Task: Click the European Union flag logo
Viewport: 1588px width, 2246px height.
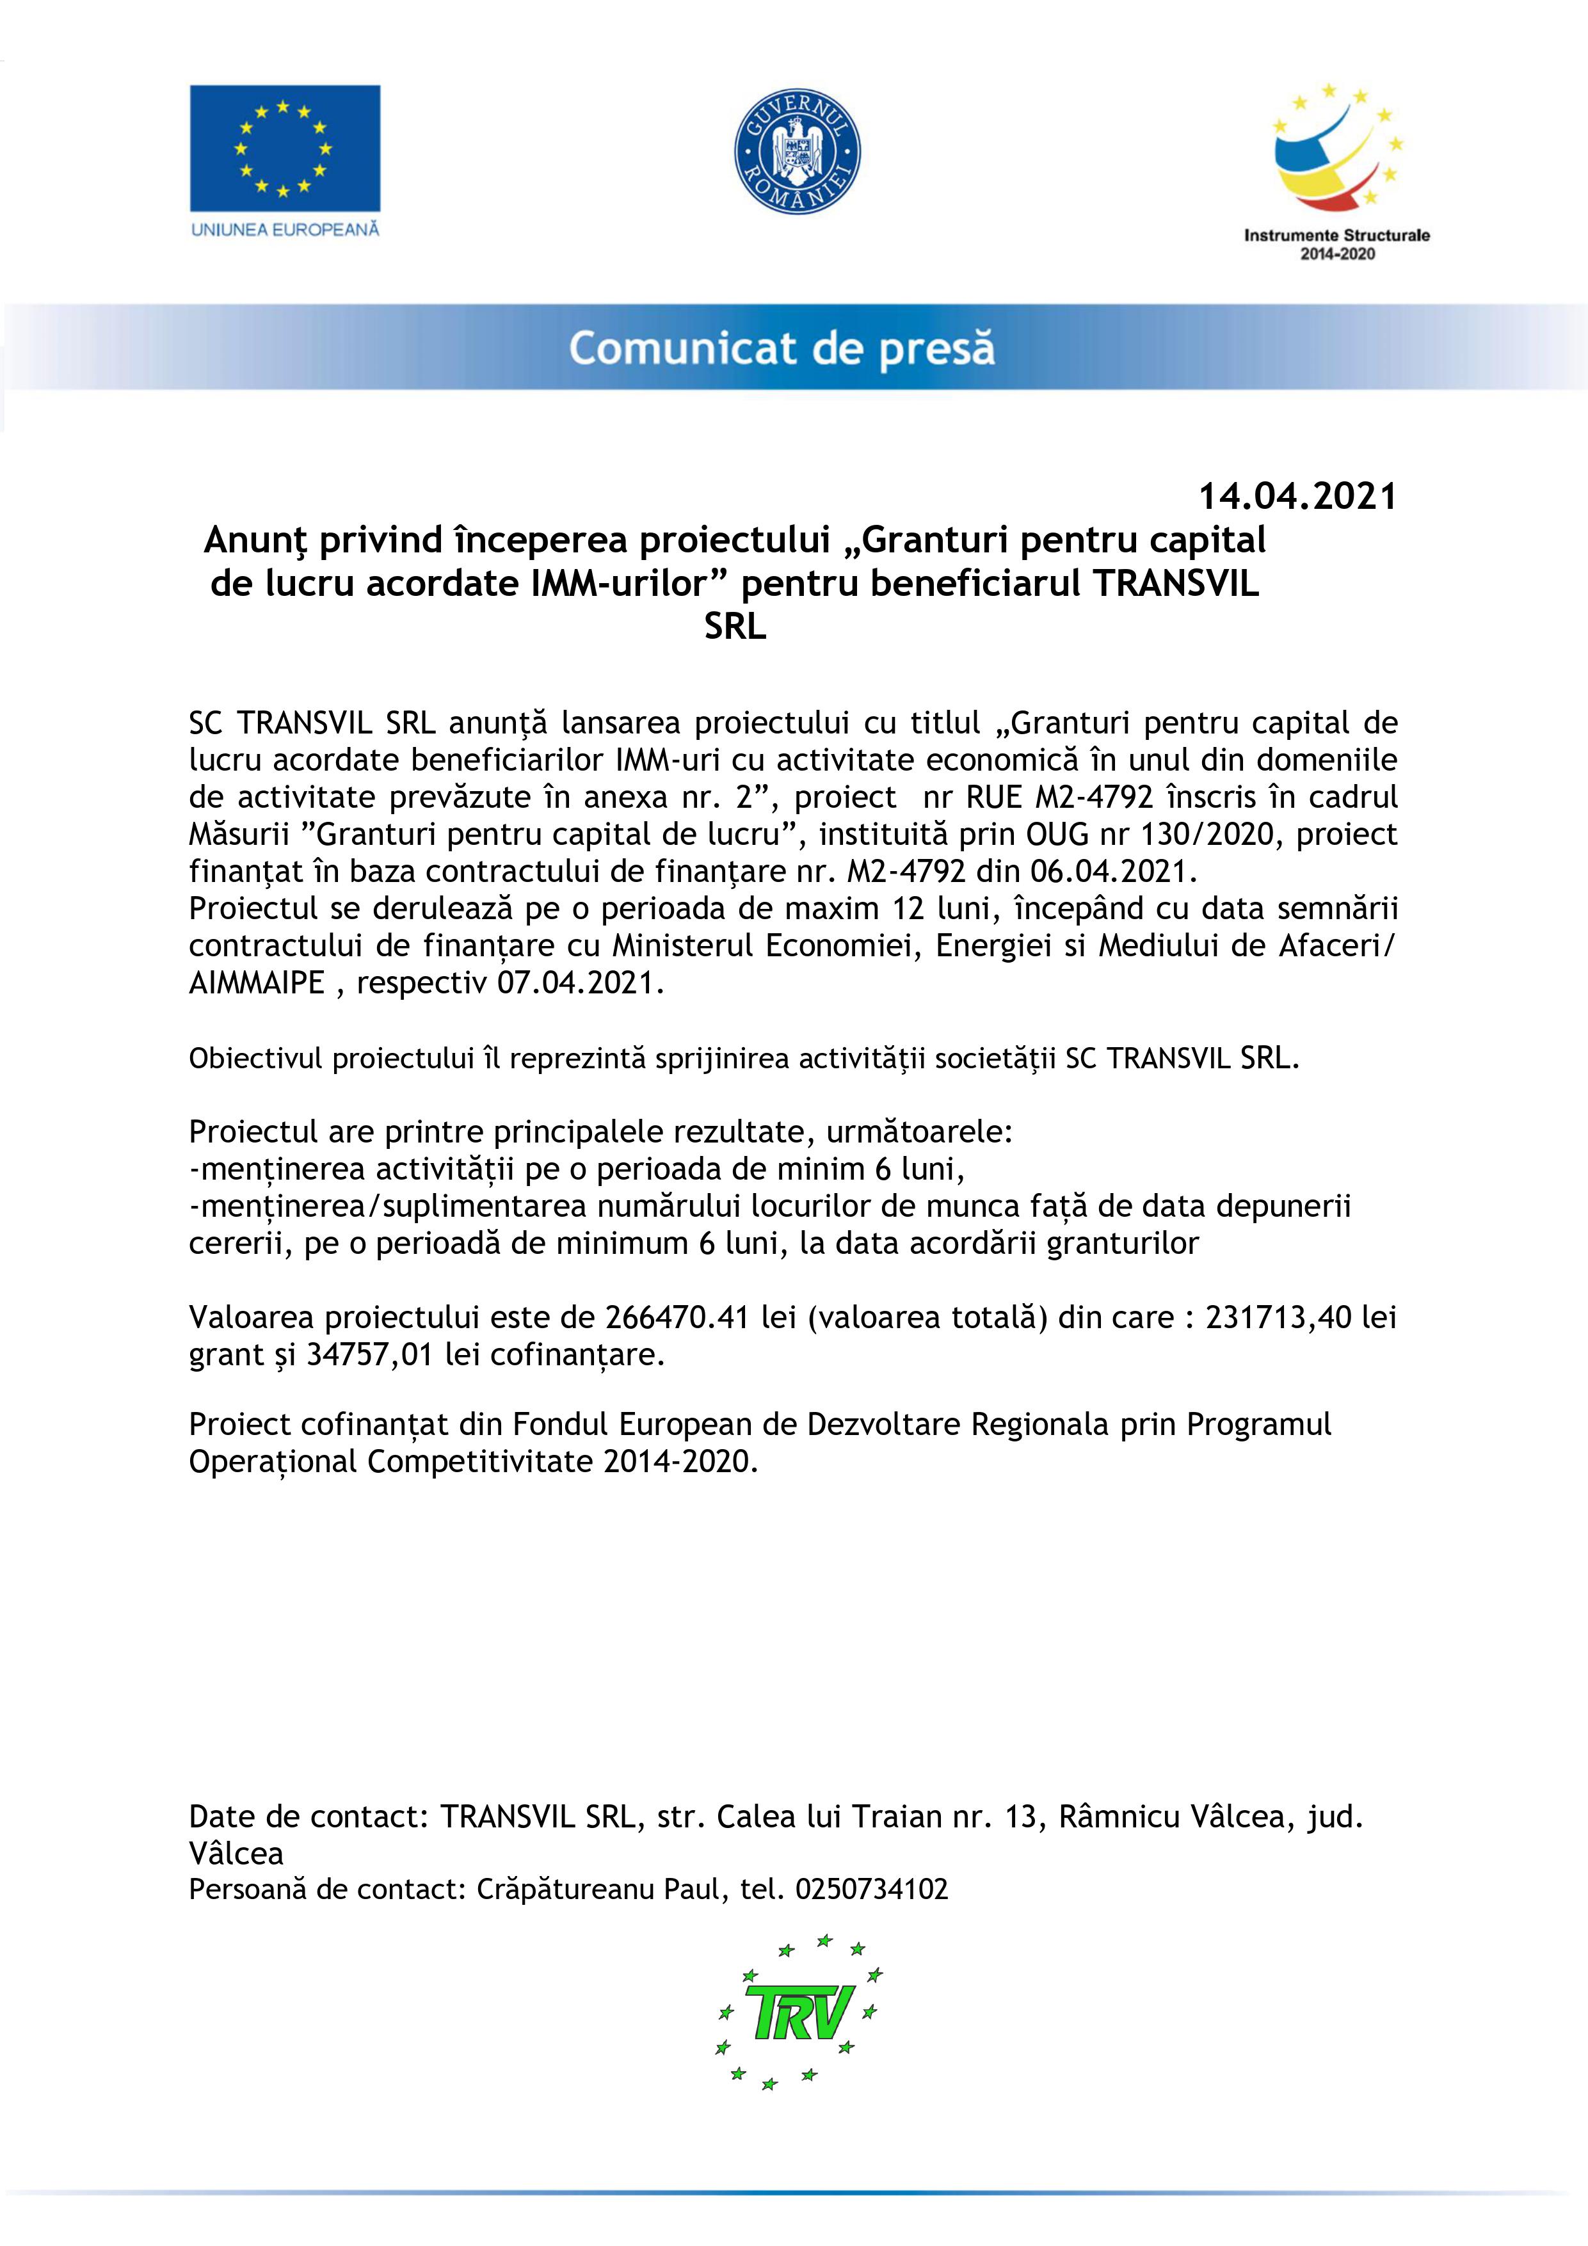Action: [285, 148]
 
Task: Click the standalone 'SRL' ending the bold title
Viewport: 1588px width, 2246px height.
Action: [735, 627]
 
